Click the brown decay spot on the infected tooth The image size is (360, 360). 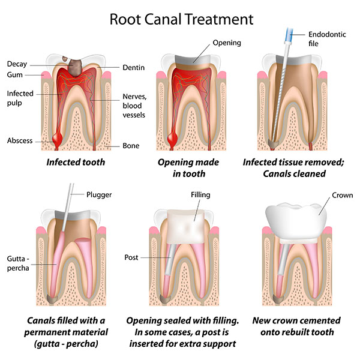coord(74,67)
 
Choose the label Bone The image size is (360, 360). coord(130,145)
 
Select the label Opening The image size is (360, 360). coord(227,43)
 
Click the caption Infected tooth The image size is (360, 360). coord(77,162)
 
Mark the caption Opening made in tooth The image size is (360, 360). coord(188,167)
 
